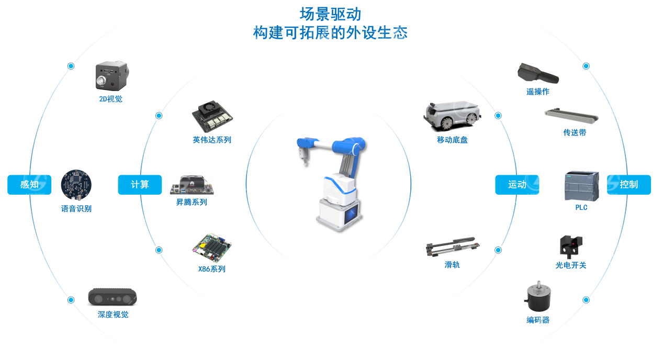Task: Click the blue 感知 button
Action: [x=29, y=184]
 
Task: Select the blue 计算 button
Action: [x=140, y=184]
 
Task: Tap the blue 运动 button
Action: [x=517, y=184]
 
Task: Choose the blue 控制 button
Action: [x=629, y=184]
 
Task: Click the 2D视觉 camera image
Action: [x=112, y=76]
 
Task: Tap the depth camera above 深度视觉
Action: [x=113, y=297]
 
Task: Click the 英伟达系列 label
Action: [x=212, y=140]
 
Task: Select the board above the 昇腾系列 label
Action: [x=192, y=185]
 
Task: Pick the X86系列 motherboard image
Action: [x=212, y=248]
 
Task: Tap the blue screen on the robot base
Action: [x=351, y=215]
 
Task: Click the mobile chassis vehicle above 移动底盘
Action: [x=452, y=116]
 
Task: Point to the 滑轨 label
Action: [x=452, y=265]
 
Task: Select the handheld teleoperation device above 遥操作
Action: [x=538, y=73]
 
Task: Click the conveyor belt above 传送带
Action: [x=571, y=116]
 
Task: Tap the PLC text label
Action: [x=581, y=208]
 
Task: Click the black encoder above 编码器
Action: [x=538, y=296]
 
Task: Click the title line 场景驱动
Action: [x=331, y=14]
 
